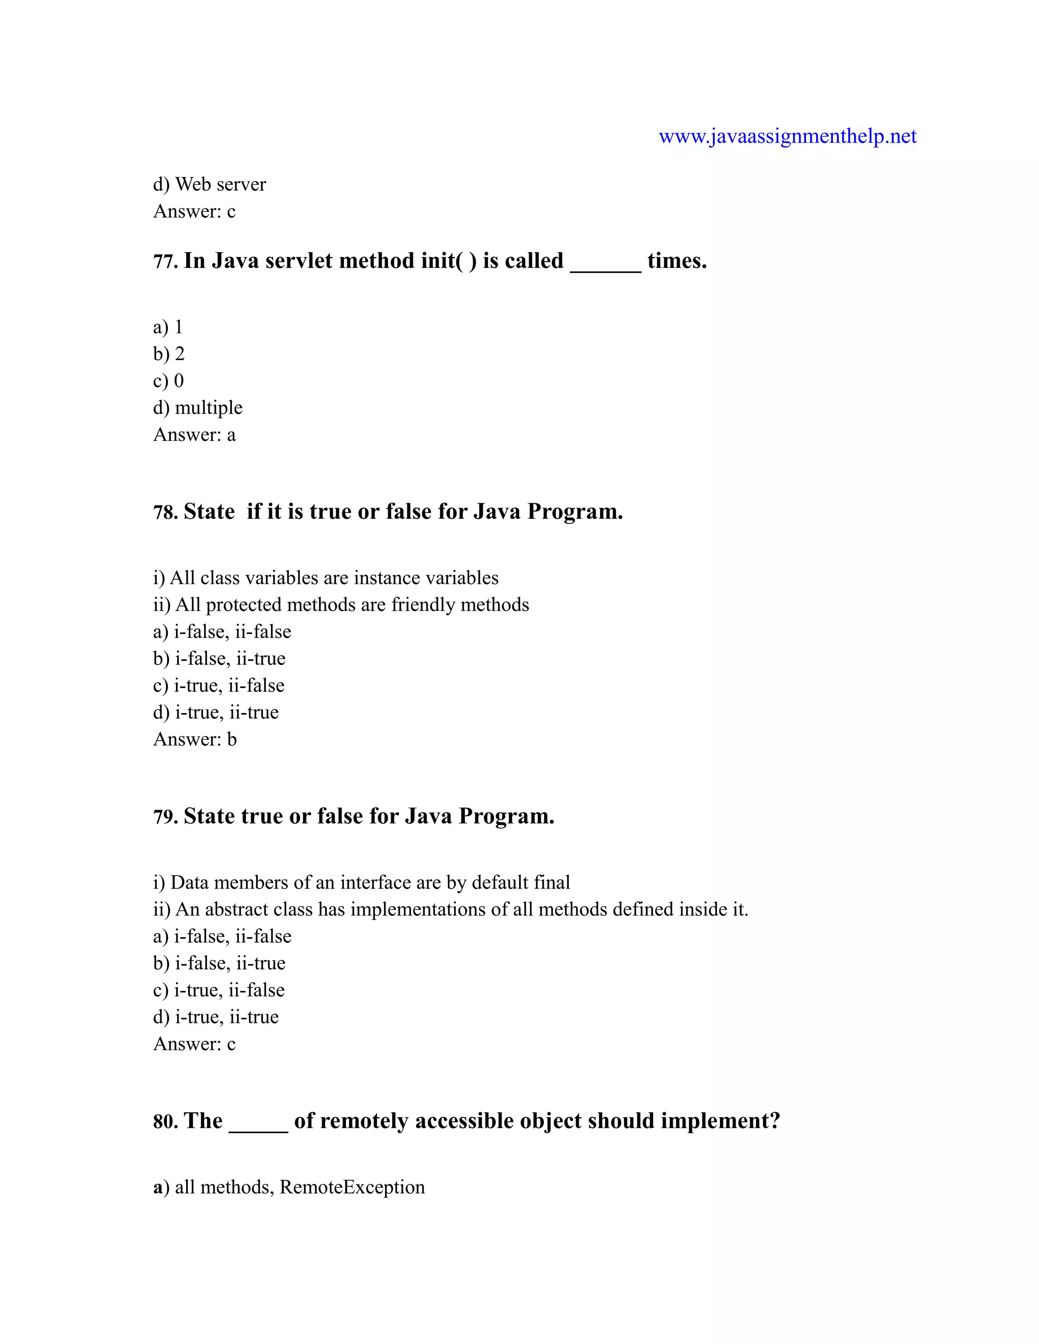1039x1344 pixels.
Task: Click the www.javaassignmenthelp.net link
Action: [x=787, y=136]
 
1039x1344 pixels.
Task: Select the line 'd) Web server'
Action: [x=210, y=184]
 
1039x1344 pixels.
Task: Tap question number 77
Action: [x=165, y=262]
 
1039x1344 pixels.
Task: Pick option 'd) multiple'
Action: [x=197, y=407]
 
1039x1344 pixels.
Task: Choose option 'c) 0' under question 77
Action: [x=168, y=380]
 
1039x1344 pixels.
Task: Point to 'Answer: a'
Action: [x=194, y=435]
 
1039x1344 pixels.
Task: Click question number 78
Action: [x=165, y=512]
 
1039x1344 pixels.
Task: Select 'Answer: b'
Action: [x=194, y=739]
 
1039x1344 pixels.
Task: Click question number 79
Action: [x=165, y=817]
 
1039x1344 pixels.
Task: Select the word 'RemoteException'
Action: [x=352, y=1187]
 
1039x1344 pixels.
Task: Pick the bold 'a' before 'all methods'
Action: [x=158, y=1188]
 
